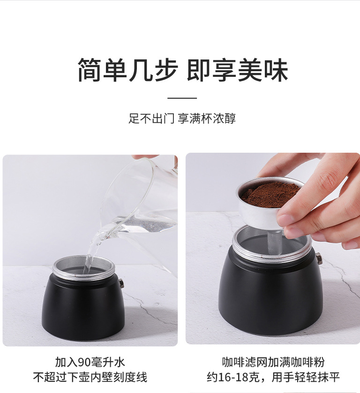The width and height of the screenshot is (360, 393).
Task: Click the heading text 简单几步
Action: click(127, 70)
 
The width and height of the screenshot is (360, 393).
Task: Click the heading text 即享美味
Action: click(237, 70)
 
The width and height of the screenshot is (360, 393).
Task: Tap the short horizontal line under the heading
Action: click(182, 98)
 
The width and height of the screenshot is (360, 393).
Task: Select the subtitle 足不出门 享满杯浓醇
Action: click(182, 118)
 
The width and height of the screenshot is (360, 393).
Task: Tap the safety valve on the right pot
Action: click(319, 258)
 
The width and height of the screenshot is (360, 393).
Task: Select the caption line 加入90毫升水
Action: click(90, 362)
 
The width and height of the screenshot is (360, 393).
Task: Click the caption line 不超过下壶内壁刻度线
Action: click(90, 377)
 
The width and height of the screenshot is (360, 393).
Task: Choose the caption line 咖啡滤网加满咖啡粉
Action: click(273, 362)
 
